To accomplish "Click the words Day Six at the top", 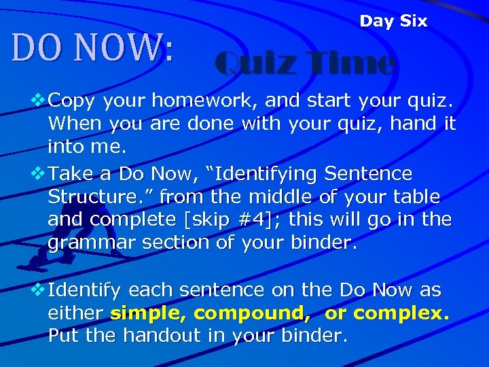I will click(393, 21).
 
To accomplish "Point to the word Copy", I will click(71, 101).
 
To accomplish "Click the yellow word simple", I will click(148, 314).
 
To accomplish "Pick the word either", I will click(75, 314).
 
